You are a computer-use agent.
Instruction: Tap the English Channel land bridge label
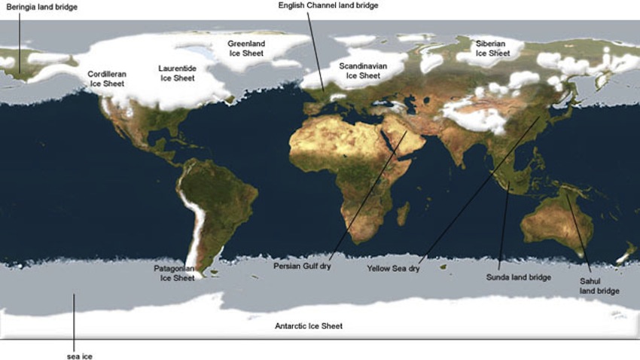(x=328, y=5)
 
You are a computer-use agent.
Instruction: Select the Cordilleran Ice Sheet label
(x=107, y=79)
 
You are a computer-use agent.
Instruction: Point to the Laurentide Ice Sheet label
(x=178, y=73)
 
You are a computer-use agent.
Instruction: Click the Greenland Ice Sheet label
(x=247, y=49)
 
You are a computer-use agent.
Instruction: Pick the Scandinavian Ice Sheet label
(x=363, y=71)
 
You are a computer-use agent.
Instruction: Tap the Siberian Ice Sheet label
(x=492, y=49)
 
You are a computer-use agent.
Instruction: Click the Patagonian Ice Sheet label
(x=174, y=273)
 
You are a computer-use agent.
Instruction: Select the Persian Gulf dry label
(x=303, y=266)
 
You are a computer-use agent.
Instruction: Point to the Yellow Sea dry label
(x=392, y=267)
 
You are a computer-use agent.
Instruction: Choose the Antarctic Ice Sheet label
(x=310, y=326)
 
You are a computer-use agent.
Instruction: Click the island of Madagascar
(x=403, y=213)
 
